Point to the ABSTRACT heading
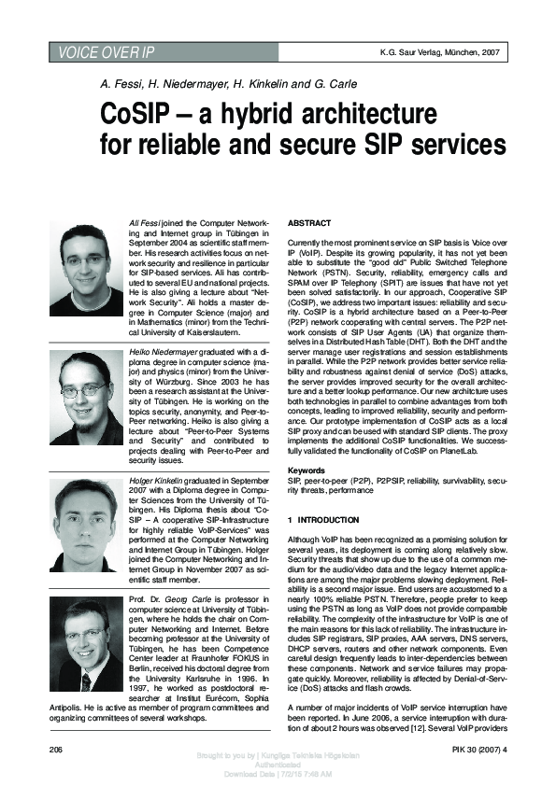309,225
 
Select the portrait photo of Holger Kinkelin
85,517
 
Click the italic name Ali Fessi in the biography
144,224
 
